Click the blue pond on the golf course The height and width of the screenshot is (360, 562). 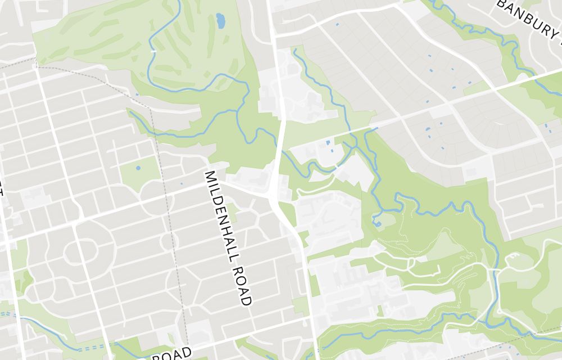pyautogui.click(x=220, y=21)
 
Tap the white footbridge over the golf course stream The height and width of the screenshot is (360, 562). pyautogui.click(x=153, y=51)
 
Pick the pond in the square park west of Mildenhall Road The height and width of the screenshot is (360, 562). pyautogui.click(x=138, y=168)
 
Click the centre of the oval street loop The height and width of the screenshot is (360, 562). pyautogui.click(x=75, y=253)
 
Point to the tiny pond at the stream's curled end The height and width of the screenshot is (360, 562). pyautogui.click(x=377, y=224)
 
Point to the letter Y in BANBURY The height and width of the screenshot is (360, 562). pyautogui.click(x=556, y=34)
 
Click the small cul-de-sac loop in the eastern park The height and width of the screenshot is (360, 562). pyautogui.click(x=513, y=259)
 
